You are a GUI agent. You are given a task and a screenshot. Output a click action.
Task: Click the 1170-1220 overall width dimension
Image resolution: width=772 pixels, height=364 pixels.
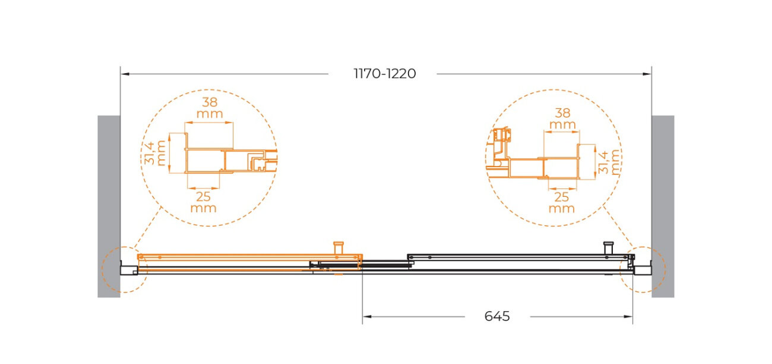pos(385,74)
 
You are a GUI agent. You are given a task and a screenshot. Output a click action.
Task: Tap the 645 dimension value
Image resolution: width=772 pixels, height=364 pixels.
pos(497,316)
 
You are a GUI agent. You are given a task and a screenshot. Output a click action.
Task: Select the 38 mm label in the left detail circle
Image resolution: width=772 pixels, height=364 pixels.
pos(210,108)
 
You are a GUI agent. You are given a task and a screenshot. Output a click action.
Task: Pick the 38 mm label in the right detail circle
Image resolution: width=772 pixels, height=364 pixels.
pos(562,118)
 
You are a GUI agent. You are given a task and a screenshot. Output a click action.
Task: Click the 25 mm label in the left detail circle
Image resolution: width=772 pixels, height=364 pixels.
pos(203,202)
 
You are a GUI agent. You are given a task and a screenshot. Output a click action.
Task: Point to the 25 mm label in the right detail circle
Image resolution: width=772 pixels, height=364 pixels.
pos(561,203)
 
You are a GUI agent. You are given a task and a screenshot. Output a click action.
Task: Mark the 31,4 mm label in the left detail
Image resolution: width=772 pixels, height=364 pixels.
pos(155,153)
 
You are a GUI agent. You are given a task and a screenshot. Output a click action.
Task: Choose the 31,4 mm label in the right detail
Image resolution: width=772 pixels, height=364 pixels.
pos(610,163)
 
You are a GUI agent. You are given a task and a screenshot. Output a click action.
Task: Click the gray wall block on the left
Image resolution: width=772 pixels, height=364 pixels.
pos(109,206)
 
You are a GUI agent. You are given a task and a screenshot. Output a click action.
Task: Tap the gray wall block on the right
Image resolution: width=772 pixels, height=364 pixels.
pos(663,206)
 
